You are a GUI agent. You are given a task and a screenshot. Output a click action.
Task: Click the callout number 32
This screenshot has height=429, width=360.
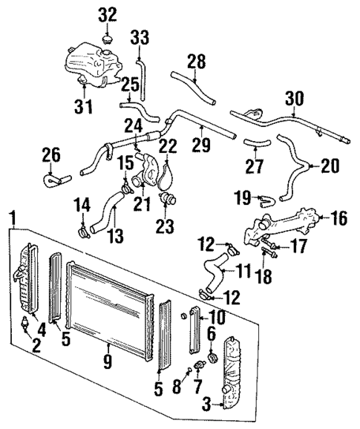(x=108, y=15)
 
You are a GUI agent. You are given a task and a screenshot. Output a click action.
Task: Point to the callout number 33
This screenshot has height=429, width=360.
(x=140, y=36)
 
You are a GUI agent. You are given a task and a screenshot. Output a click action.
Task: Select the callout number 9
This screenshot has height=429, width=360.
(x=108, y=364)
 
